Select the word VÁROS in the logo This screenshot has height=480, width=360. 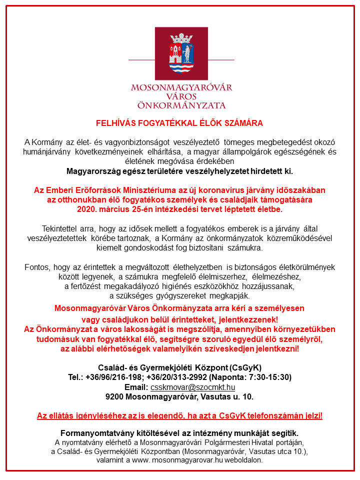(x=181, y=96)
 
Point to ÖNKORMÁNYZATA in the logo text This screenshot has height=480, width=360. (x=181, y=105)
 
